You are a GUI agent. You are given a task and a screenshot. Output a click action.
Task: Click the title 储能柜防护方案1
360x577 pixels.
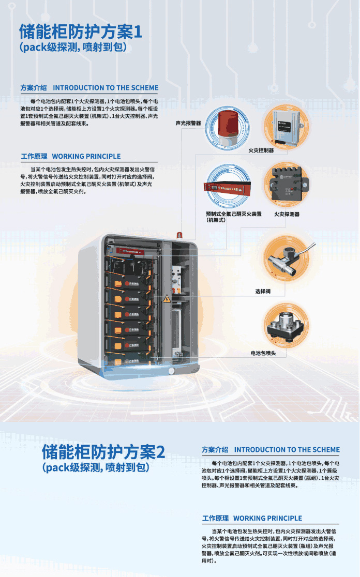pyautogui.click(x=80, y=32)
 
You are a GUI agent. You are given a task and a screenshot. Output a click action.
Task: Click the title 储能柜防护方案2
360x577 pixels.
pyautogui.click(x=103, y=452)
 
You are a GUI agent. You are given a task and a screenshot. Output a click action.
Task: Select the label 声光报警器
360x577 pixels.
pyautogui.click(x=189, y=123)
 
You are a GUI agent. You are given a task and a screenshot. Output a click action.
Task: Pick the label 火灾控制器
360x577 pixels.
pyautogui.click(x=261, y=150)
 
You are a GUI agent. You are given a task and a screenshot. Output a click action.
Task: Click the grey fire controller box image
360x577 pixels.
pyautogui.click(x=283, y=126)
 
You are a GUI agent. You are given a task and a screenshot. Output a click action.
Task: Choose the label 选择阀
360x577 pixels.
pyautogui.click(x=263, y=292)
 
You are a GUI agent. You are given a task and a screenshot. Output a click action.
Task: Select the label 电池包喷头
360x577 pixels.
pyautogui.click(x=264, y=353)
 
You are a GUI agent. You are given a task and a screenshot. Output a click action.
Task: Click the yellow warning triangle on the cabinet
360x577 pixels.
pyautogui.click(x=167, y=299)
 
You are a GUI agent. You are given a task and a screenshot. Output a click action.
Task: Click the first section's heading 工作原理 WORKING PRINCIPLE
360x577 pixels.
pyautogui.click(x=71, y=156)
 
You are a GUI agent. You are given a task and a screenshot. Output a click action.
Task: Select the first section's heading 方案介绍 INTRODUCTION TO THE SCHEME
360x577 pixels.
pyautogui.click(x=89, y=88)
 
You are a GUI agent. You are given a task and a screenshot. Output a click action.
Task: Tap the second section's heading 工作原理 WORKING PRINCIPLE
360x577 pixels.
pyautogui.click(x=252, y=518)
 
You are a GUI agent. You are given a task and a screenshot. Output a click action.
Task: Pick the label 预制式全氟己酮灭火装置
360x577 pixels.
pyautogui.click(x=234, y=214)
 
